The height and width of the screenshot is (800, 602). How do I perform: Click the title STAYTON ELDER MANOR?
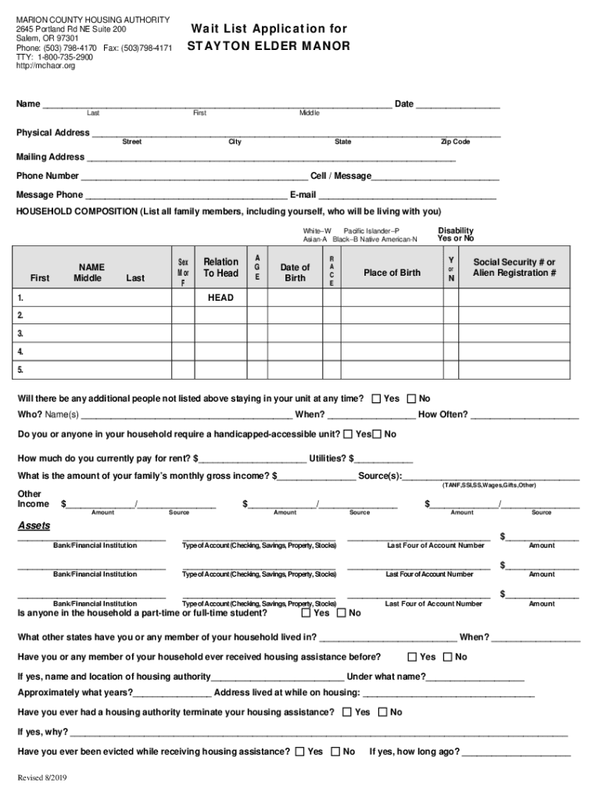(x=268, y=46)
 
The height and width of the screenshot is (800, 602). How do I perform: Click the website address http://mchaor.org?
(x=46, y=66)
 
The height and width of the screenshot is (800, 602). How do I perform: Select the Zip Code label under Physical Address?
(x=455, y=141)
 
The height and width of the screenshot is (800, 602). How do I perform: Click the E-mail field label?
(x=303, y=195)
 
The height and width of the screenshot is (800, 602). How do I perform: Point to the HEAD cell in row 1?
(x=220, y=298)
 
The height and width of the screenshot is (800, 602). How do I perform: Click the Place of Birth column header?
(x=392, y=273)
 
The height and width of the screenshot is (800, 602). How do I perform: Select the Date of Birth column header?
(x=295, y=273)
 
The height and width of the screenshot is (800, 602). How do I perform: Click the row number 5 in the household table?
(x=20, y=370)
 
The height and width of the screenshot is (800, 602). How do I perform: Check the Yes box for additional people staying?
(x=376, y=398)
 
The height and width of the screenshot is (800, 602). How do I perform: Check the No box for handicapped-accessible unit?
(x=377, y=434)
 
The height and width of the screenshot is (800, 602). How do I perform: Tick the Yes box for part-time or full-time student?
(x=306, y=613)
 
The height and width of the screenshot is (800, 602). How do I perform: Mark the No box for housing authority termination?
(x=382, y=712)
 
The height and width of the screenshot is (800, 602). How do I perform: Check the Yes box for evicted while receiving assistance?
(x=299, y=752)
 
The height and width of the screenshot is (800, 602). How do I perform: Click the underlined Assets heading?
(x=34, y=525)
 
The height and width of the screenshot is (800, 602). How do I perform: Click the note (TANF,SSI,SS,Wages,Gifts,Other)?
(x=489, y=484)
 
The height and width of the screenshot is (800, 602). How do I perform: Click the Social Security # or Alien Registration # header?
(x=514, y=267)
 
